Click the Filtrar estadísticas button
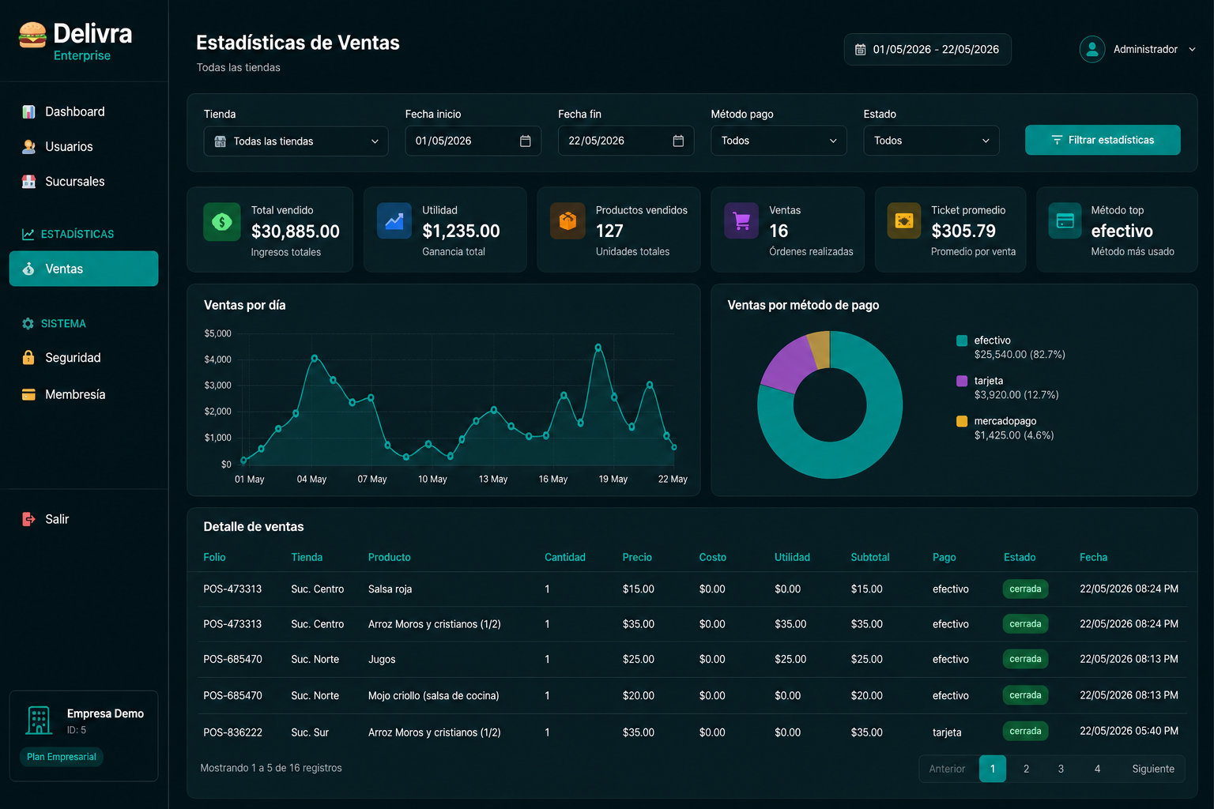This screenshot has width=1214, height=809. pyautogui.click(x=1103, y=140)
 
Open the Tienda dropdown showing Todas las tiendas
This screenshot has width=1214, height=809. pyautogui.click(x=296, y=141)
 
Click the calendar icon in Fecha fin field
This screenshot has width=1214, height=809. pyautogui.click(x=678, y=141)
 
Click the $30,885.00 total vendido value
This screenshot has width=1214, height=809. pyautogui.click(x=296, y=231)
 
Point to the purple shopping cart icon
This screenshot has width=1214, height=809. pyautogui.click(x=741, y=220)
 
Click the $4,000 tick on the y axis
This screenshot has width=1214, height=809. pyautogui.click(x=217, y=359)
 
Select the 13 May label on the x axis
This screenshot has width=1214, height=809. pyautogui.click(x=492, y=479)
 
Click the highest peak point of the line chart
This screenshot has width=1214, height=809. pyautogui.click(x=598, y=347)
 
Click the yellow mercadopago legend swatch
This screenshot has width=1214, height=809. pyautogui.click(x=961, y=421)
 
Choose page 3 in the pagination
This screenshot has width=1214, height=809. pyautogui.click(x=1061, y=769)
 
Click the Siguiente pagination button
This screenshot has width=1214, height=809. pyautogui.click(x=1153, y=769)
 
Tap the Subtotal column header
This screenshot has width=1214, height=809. pyautogui.click(x=870, y=557)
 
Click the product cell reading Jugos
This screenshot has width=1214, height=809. pyautogui.click(x=382, y=660)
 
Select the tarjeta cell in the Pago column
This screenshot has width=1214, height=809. pyautogui.click(x=947, y=732)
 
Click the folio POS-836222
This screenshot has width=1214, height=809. pyautogui.click(x=232, y=732)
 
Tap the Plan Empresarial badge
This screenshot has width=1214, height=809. pyautogui.click(x=61, y=756)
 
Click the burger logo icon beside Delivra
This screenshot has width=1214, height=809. pyautogui.click(x=32, y=36)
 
